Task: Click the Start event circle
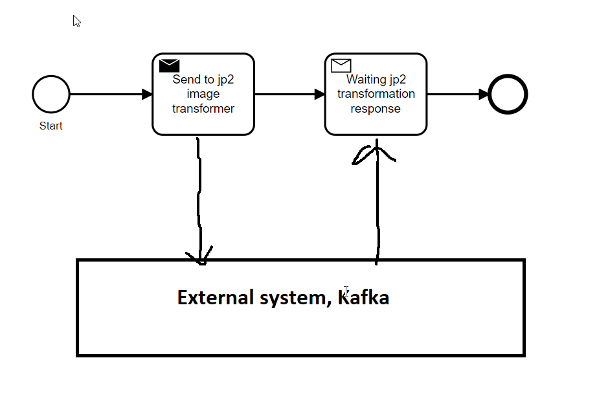51,95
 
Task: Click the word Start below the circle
51,126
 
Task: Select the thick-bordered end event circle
508,95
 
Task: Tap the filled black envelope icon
169,65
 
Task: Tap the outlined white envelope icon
341,65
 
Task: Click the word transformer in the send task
203,109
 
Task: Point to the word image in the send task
203,95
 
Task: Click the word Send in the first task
186,80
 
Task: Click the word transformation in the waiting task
376,94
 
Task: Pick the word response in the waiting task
376,109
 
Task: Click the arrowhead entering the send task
147,95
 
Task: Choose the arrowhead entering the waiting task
320,95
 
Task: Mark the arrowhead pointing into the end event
484,95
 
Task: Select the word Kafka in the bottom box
364,298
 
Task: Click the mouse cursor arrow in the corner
76,21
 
